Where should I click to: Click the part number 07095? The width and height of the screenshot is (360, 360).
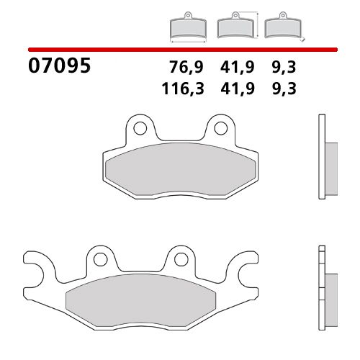(x=59, y=67)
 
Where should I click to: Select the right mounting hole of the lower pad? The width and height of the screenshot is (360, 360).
(x=177, y=260)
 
